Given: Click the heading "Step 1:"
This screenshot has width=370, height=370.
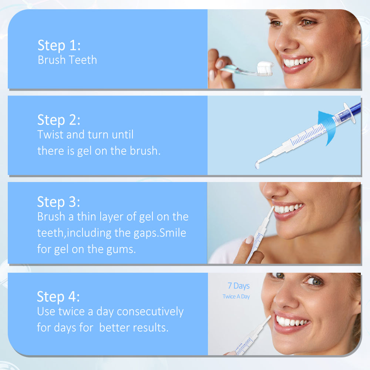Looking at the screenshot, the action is [59, 45].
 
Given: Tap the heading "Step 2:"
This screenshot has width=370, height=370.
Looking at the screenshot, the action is [59, 120].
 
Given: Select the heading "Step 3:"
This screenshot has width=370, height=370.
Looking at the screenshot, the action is [58, 202].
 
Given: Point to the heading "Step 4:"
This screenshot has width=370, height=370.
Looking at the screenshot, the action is [58, 297].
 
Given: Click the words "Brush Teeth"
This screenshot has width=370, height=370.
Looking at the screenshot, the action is [67, 60].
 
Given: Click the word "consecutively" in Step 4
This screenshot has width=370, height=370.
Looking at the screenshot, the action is [150, 312].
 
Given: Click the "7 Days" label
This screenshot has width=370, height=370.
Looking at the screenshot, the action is [239, 286].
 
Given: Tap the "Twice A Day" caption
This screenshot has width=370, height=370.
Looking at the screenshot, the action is [236, 297].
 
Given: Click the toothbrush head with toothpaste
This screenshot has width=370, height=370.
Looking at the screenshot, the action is [265, 69].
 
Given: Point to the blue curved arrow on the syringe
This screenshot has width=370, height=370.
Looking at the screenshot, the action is [327, 127].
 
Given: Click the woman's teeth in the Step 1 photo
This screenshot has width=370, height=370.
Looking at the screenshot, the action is [298, 62].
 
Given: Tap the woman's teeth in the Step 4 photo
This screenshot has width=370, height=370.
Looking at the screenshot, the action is [292, 322].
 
